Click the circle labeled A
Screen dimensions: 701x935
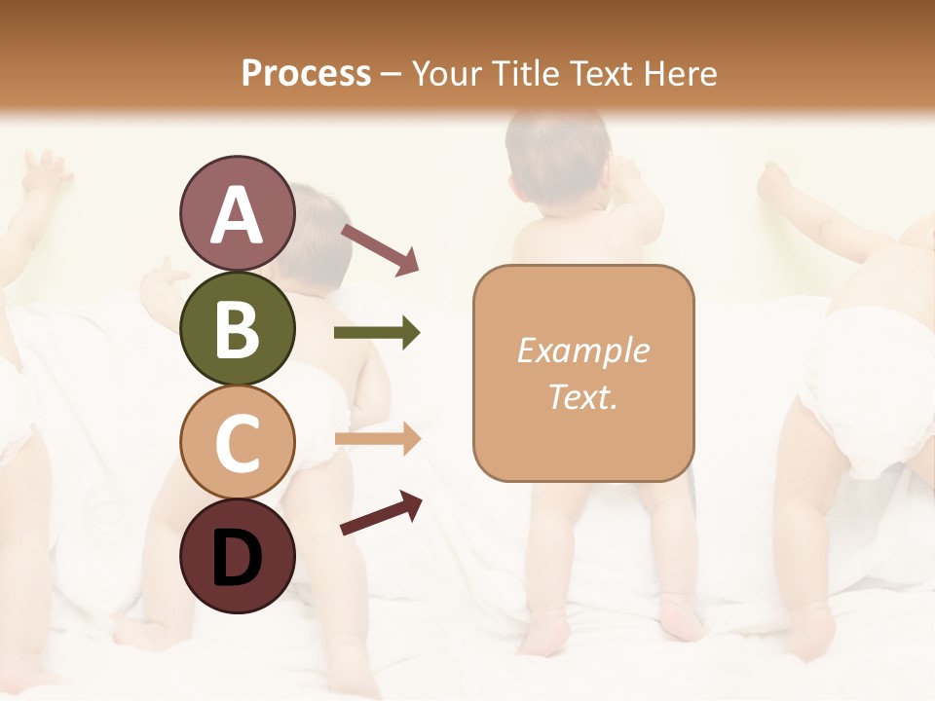[x=237, y=214]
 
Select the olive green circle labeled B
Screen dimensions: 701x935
[x=237, y=329]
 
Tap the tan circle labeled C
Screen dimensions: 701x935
[x=237, y=442]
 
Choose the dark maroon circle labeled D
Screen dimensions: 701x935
[x=237, y=556]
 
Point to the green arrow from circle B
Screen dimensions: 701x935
[x=377, y=333]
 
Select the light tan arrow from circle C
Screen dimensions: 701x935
[x=377, y=439]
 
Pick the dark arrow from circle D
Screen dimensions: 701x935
[x=381, y=513]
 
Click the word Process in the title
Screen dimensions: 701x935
[x=306, y=74]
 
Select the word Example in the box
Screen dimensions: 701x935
[x=582, y=351]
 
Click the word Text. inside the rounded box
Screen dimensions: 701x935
[x=582, y=396]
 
